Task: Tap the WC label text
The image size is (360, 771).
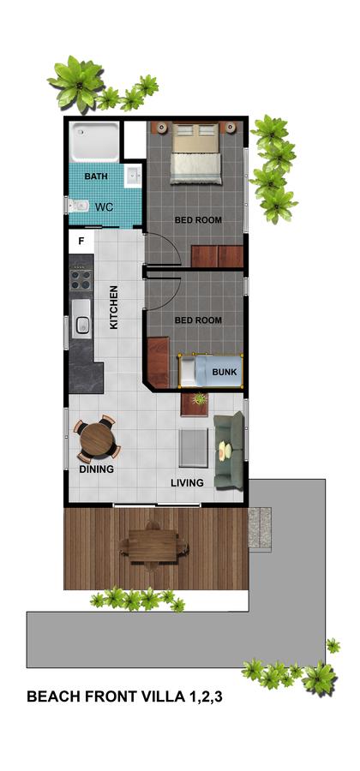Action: (x=104, y=207)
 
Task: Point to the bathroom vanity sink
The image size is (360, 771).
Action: (x=134, y=177)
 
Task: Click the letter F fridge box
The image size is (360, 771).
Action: (x=81, y=241)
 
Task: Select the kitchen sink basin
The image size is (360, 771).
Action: (x=82, y=324)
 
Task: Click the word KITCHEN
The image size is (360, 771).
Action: (x=114, y=308)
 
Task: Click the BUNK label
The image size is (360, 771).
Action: (x=224, y=373)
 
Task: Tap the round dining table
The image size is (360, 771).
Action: (x=97, y=439)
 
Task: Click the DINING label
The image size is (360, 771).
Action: (x=97, y=469)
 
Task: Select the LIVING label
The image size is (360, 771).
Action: (x=187, y=483)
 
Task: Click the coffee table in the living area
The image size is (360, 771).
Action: (x=194, y=447)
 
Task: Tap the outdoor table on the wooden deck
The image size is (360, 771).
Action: (x=153, y=542)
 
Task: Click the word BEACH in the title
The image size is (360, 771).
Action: (x=51, y=698)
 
